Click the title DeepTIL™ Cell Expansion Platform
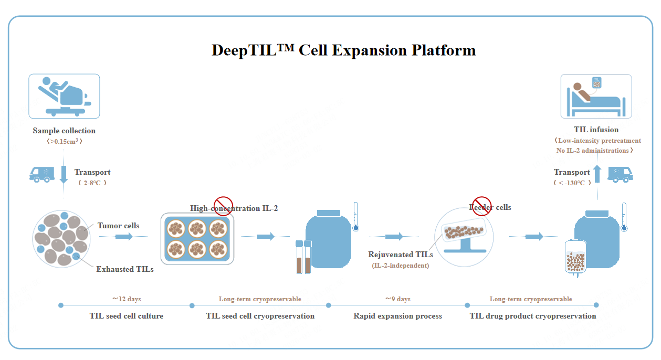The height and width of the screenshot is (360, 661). [x=343, y=50]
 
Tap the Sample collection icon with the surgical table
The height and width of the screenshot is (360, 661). [x=64, y=96]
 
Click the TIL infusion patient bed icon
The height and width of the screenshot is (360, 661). [x=596, y=96]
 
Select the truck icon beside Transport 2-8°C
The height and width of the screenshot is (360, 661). [x=42, y=174]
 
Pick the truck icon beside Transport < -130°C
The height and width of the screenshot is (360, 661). [x=620, y=174]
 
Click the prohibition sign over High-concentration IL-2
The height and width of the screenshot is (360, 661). [x=223, y=206]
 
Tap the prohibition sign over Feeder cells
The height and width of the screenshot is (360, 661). [x=482, y=205]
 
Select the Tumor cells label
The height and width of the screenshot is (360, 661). [x=119, y=226]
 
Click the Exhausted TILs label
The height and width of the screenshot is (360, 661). [x=125, y=269]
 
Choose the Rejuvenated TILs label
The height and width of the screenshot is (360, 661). [x=401, y=255]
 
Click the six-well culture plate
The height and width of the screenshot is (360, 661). [x=196, y=238]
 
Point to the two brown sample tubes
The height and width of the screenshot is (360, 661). [x=303, y=257]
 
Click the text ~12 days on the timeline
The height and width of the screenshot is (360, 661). [x=126, y=299]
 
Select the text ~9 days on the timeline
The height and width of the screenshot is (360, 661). [x=397, y=299]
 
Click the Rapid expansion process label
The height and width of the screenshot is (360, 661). [x=397, y=316]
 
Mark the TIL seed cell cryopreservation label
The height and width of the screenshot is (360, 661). [x=260, y=316]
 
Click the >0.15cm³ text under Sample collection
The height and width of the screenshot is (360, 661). [x=64, y=141]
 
